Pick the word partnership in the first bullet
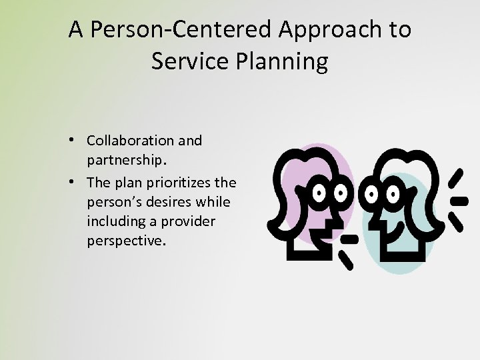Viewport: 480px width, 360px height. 125,161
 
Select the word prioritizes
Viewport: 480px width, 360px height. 177,182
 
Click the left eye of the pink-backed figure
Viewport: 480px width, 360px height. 320,193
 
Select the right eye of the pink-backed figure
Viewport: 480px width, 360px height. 341,193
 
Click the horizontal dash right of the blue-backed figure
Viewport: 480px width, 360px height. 459,199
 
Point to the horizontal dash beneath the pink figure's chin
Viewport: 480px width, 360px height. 349,238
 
